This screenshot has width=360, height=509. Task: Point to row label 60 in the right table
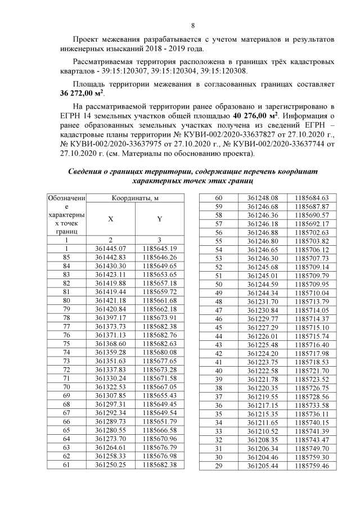pos(219,197)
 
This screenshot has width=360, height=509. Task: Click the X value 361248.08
pos(263,197)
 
